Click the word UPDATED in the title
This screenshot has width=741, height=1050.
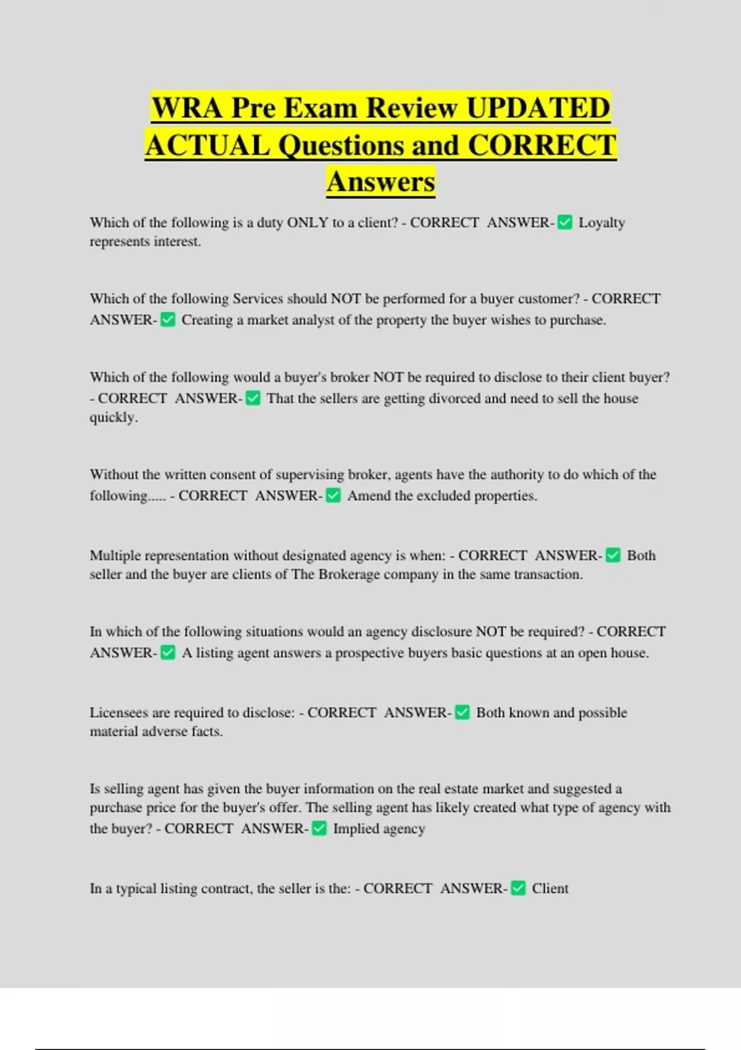[538, 108]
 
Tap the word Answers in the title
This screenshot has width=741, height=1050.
[381, 182]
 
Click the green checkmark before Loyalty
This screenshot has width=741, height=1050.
[564, 222]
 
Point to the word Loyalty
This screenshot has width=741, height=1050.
[601, 222]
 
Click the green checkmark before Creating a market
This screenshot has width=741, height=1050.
[168, 319]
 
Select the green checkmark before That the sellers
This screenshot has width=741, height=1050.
[253, 398]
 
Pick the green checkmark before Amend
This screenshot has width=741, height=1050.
[333, 495]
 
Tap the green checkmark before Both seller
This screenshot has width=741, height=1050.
[613, 555]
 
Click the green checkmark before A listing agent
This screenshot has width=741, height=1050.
[168, 652]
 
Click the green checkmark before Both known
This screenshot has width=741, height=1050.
[463, 713]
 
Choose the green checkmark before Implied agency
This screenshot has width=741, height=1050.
[319, 828]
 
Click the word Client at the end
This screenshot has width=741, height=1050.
[550, 888]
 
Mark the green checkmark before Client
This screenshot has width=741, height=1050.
[519, 888]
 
